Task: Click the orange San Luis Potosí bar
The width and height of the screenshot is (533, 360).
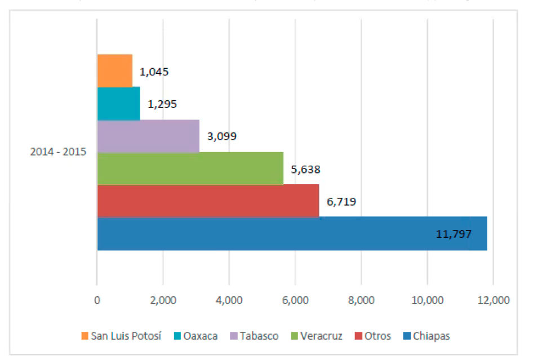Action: pyautogui.click(x=115, y=71)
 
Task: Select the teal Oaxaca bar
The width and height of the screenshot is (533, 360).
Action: pyautogui.click(x=118, y=104)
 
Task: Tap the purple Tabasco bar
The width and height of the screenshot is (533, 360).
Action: pyautogui.click(x=148, y=136)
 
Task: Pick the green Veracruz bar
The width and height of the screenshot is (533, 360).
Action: pyautogui.click(x=190, y=168)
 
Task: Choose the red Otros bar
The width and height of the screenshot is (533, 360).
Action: pyautogui.click(x=208, y=201)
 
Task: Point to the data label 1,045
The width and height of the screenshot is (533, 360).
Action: pyautogui.click(x=154, y=72)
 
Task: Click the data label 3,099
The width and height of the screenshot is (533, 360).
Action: pyautogui.click(x=221, y=136)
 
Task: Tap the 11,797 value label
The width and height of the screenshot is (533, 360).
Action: pyautogui.click(x=454, y=233)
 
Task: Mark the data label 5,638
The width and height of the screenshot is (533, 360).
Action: pyautogui.click(x=305, y=168)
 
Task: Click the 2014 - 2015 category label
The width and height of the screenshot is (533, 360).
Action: pyautogui.click(x=58, y=152)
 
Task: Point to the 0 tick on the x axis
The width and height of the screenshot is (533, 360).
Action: pyautogui.click(x=97, y=300)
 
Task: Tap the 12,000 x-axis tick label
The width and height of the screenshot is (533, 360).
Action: pyautogui.click(x=494, y=300)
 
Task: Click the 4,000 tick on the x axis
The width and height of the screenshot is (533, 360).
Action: pyautogui.click(x=229, y=300)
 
